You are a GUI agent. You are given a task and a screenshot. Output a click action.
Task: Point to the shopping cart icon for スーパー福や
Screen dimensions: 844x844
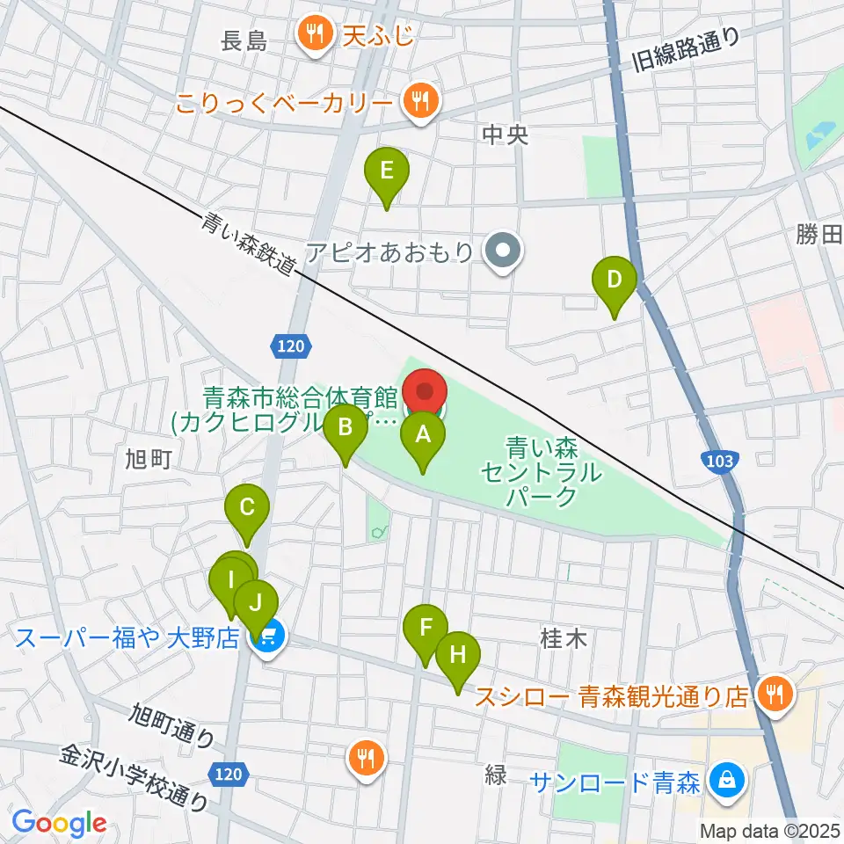(x=268, y=638)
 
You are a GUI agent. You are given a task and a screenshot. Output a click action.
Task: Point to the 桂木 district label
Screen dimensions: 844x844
(x=563, y=639)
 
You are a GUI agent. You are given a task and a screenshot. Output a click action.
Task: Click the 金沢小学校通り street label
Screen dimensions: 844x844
(x=135, y=778)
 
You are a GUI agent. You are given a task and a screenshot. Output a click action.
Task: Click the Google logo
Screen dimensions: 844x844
(x=59, y=823)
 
